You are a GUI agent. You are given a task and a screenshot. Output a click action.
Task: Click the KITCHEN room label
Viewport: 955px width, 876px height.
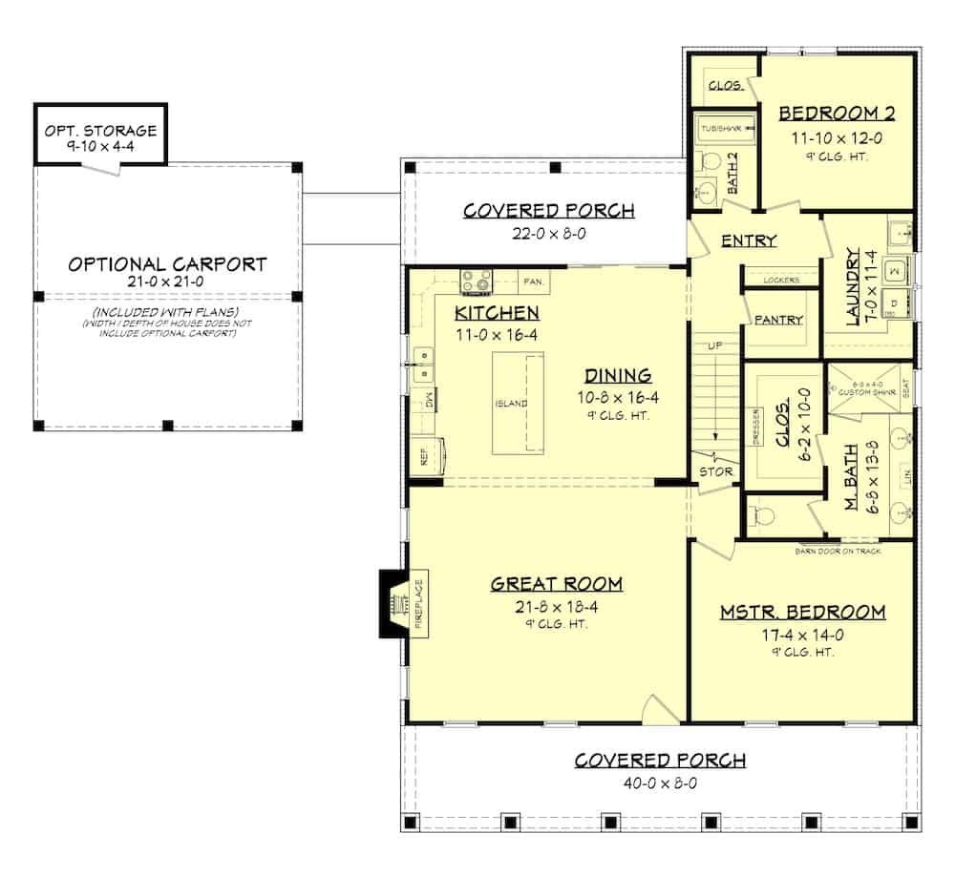[497, 312]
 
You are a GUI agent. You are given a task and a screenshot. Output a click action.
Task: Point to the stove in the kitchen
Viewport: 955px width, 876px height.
[477, 281]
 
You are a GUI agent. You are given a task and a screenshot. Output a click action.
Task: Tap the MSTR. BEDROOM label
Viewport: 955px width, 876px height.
[802, 612]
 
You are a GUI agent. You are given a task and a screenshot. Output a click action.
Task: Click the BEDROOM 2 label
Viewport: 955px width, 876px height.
[837, 114]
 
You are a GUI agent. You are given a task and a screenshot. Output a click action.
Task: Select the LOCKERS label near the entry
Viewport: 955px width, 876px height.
[782, 280]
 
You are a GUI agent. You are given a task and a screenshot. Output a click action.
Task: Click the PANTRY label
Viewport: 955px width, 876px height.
[778, 320]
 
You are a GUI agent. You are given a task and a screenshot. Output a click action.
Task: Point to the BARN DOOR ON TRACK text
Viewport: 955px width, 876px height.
[838, 552]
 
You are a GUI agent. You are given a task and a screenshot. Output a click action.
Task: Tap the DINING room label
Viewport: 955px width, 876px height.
[619, 375]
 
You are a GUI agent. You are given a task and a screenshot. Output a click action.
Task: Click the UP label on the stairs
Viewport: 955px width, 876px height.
[714, 344]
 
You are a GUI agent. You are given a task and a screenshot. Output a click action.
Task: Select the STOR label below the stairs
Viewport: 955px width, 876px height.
[715, 470]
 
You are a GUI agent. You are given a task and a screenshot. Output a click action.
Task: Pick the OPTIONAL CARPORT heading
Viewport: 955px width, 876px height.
[167, 263]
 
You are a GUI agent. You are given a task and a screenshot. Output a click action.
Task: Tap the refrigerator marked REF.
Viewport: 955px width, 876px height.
[426, 456]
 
